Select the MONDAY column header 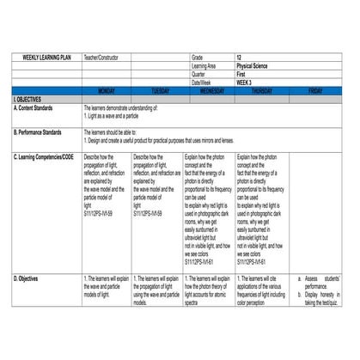[107, 90]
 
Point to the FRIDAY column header [315, 90]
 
